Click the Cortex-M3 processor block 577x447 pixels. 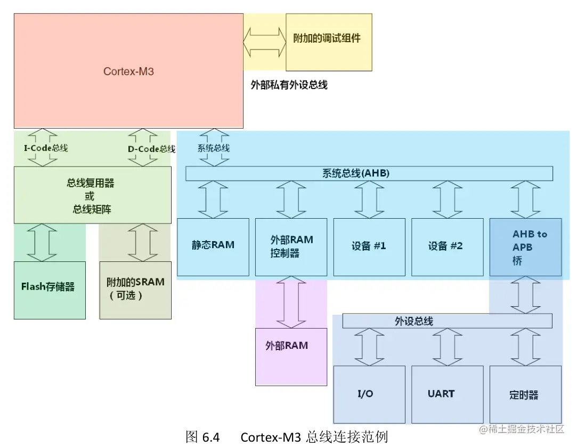coord(128,70)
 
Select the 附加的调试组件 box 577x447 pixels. coord(328,42)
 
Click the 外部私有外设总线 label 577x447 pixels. coord(289,84)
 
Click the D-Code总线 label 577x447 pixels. coord(151,149)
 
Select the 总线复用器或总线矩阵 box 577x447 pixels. coord(93,195)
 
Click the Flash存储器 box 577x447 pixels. coord(50,290)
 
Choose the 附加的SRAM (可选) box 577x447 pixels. coord(135,290)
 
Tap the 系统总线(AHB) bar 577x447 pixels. coord(369,173)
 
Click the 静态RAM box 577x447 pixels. coord(213,246)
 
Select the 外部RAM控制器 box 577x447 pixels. coord(291,246)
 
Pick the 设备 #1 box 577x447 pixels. coord(369,246)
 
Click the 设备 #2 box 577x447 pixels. coord(446,246)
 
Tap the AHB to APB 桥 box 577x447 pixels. coord(525,247)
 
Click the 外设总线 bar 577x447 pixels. coord(446,321)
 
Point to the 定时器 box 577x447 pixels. coord(525,394)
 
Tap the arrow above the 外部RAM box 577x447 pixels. coord(291,302)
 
